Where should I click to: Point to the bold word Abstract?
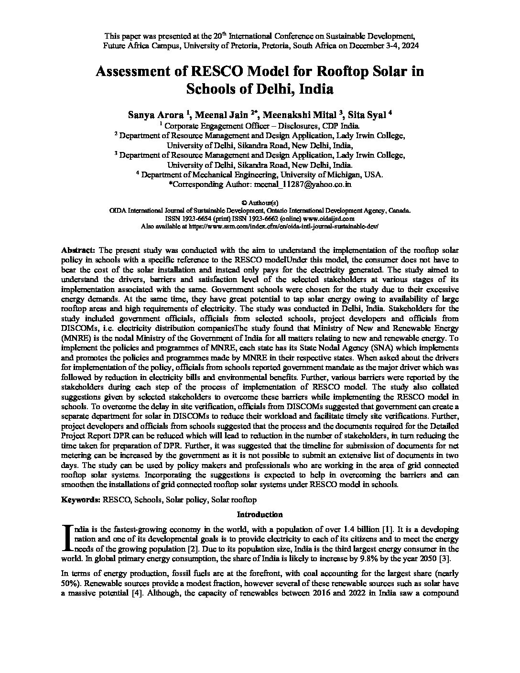[x=78, y=250]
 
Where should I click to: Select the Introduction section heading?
[x=260, y=514]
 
